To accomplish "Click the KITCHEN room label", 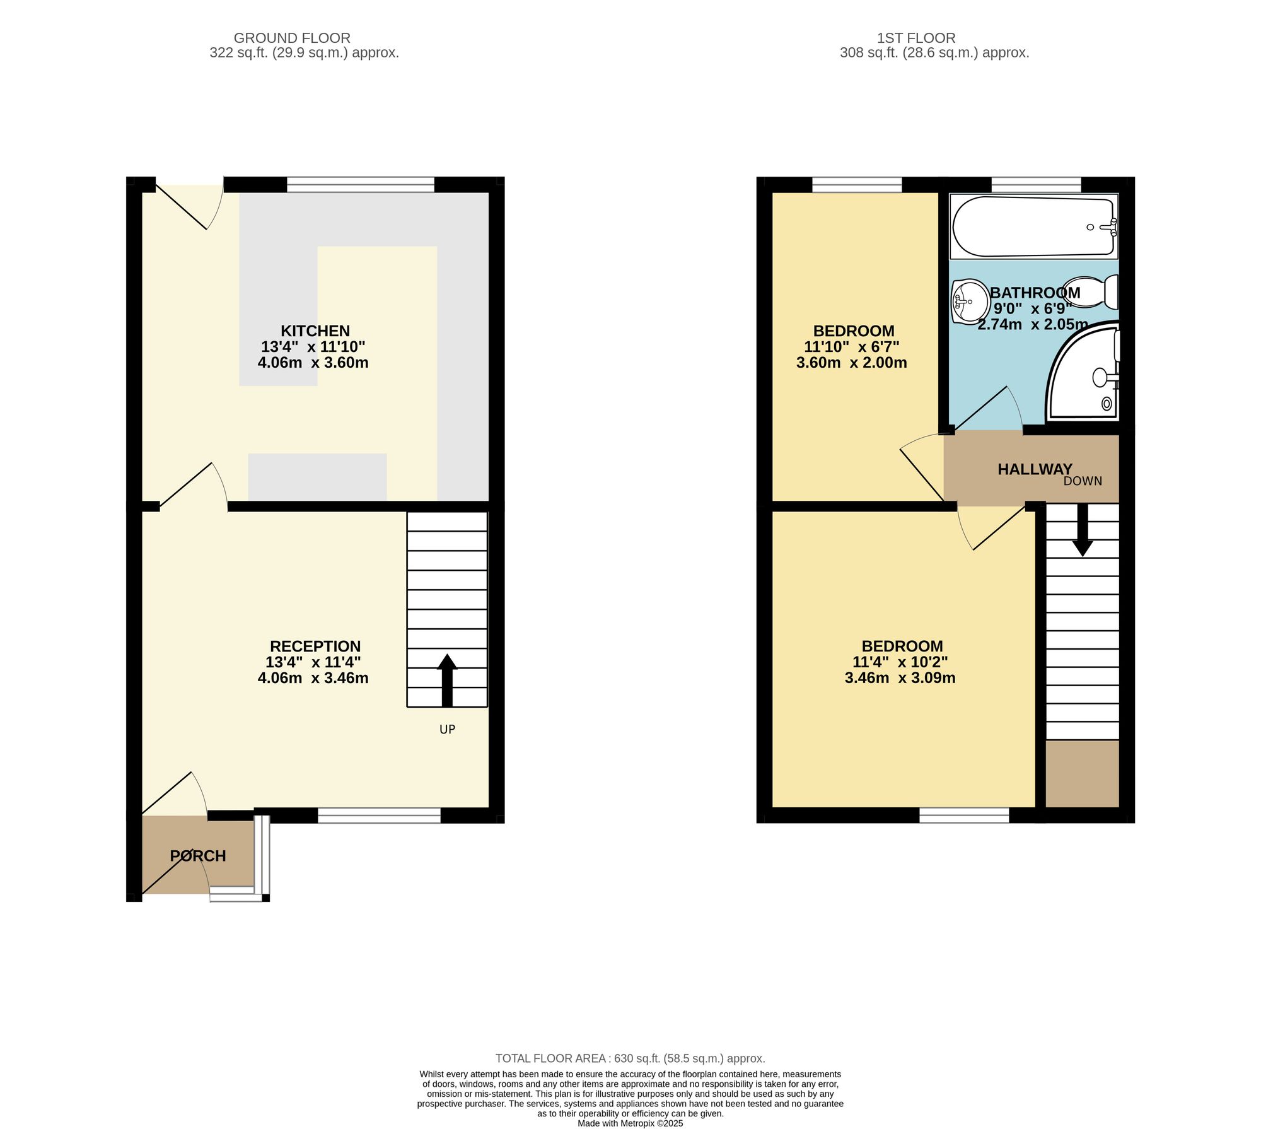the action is point(315,331).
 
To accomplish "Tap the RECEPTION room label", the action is point(315,646).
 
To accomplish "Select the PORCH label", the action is point(198,856).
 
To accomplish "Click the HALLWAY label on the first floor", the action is point(1035,469).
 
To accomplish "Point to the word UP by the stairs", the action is point(447,729).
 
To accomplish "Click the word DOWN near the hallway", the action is point(1083,481).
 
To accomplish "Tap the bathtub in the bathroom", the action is point(1034,226).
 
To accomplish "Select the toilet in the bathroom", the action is point(1091,292).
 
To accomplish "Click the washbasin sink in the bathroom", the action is point(970,301).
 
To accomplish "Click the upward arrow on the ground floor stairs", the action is point(447,680).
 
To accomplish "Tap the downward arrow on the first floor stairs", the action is point(1083,530).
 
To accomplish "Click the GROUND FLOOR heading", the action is point(292,38).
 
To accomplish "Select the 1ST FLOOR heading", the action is point(916,38).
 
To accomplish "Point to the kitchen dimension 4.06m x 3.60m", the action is point(313,363).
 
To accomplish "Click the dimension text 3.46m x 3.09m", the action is point(900,678).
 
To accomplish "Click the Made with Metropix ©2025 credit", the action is point(630,1123).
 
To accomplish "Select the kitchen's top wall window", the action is point(361,185).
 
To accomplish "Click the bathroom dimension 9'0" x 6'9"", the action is point(1033,308).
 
